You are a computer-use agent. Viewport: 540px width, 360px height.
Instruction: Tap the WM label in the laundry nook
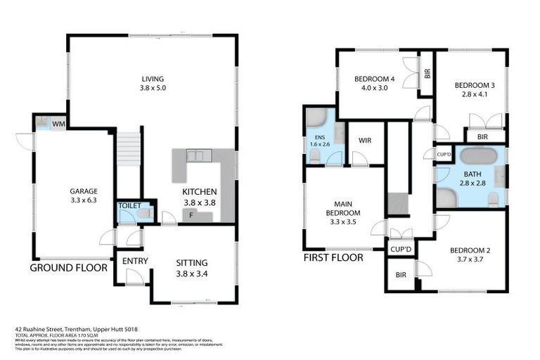(x=58, y=123)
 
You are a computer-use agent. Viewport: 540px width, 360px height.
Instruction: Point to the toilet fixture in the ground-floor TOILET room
(x=145, y=213)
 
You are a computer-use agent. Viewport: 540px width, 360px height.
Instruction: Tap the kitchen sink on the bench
(x=195, y=155)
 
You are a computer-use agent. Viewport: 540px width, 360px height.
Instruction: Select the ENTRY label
(x=134, y=261)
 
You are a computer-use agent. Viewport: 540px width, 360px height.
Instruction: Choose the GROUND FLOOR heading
(x=68, y=267)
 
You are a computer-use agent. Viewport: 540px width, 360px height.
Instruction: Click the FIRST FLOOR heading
(x=333, y=258)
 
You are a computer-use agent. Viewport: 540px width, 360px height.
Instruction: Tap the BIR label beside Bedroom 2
(x=401, y=275)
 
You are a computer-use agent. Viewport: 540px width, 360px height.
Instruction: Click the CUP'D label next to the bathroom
(x=444, y=155)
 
